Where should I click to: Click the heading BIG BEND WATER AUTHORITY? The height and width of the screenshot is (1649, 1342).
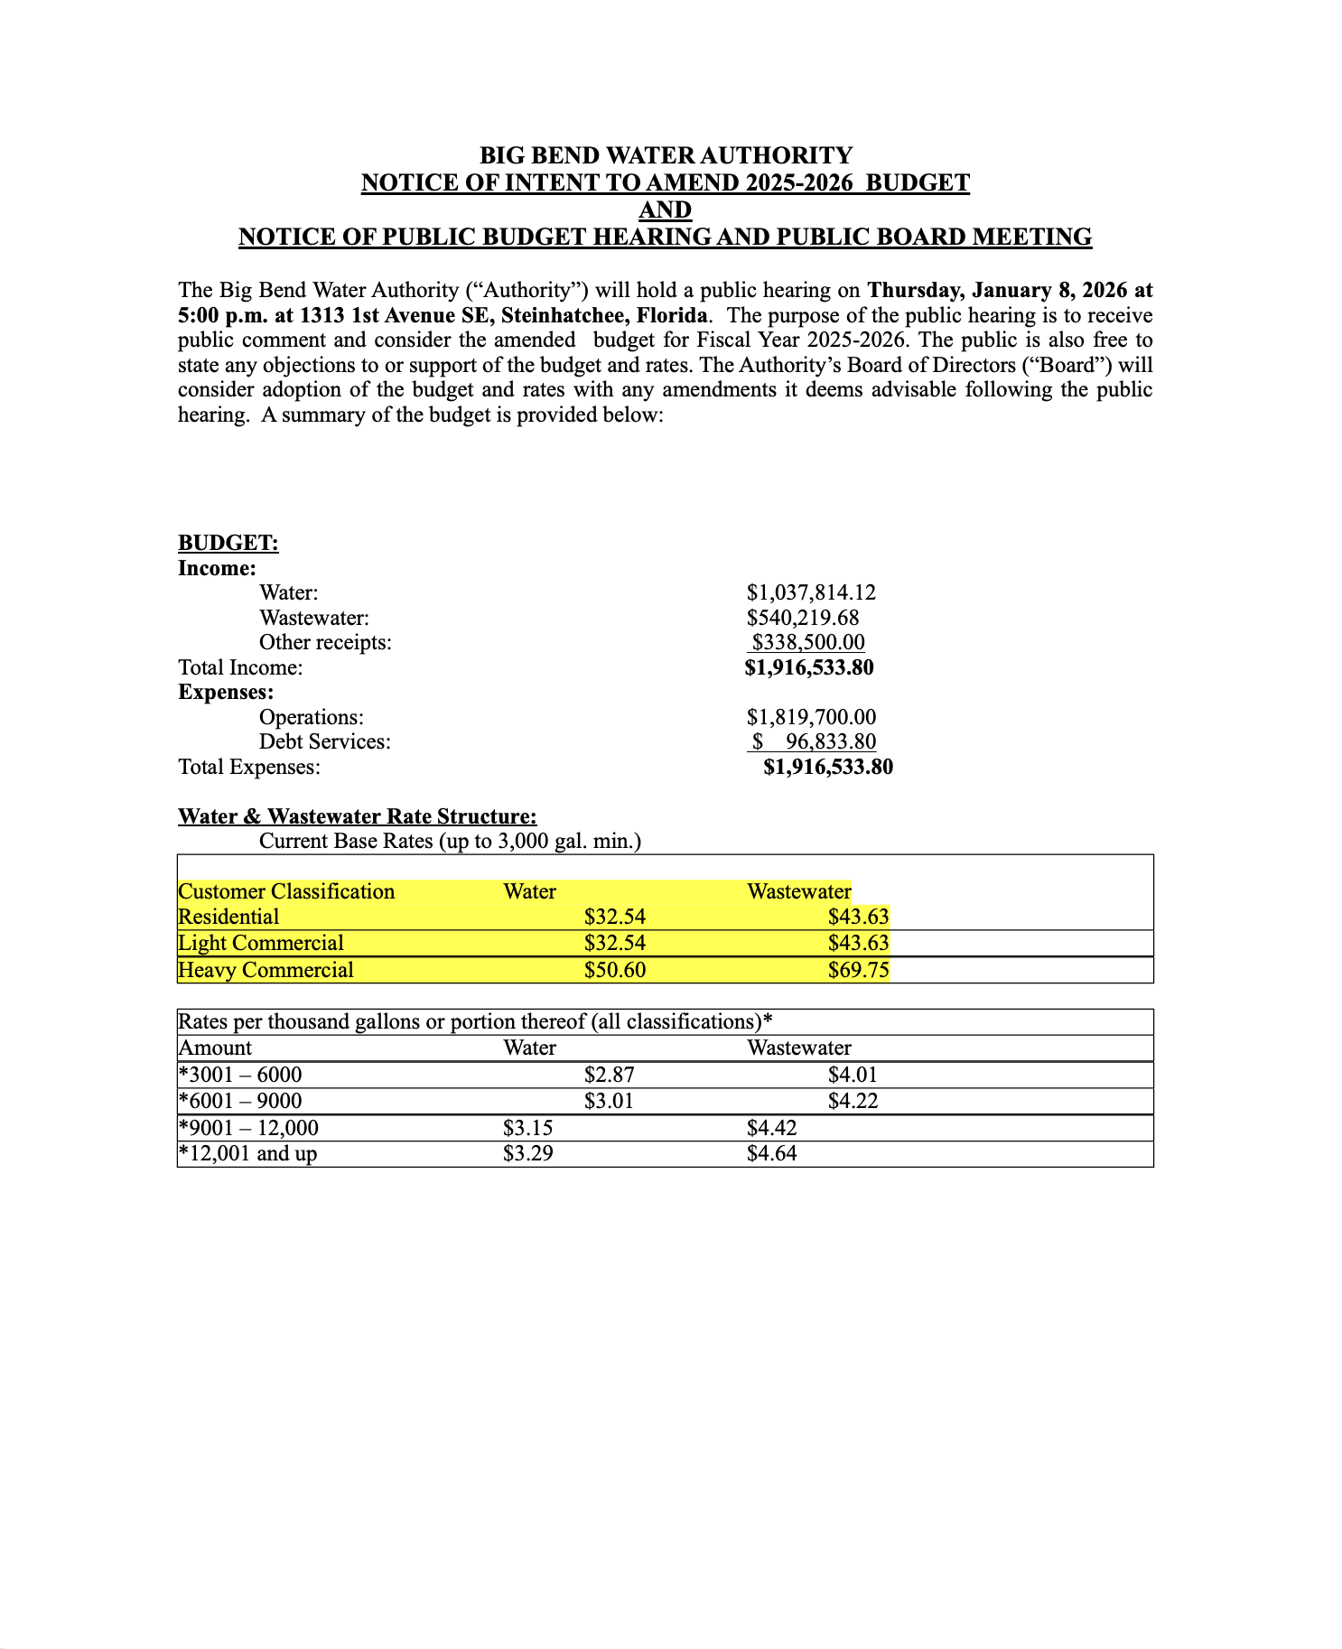click(x=665, y=155)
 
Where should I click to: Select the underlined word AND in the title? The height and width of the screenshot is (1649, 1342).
click(x=665, y=210)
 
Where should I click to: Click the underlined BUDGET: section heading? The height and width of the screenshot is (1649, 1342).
click(x=228, y=543)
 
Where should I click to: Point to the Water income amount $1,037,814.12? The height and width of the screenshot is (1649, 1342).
click(x=811, y=592)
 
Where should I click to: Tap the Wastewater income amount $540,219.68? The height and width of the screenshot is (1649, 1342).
click(x=803, y=618)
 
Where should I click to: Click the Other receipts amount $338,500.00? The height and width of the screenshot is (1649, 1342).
click(x=808, y=642)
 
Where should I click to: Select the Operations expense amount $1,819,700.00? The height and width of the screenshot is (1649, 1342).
click(x=811, y=717)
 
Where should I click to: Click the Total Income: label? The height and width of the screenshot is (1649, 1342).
click(x=240, y=667)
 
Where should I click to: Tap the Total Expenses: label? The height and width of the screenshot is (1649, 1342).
click(x=249, y=767)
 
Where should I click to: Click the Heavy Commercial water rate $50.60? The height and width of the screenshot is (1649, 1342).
click(x=615, y=971)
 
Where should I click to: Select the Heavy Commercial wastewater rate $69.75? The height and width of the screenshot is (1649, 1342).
click(x=858, y=971)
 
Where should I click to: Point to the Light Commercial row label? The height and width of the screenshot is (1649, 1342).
click(x=261, y=944)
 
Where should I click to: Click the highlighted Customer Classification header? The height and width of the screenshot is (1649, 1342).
click(x=286, y=892)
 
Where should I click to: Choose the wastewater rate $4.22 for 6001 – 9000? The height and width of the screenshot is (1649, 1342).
click(x=853, y=1101)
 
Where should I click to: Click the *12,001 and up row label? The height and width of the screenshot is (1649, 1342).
click(x=248, y=1154)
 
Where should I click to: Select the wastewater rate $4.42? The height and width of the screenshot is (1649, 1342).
click(x=771, y=1128)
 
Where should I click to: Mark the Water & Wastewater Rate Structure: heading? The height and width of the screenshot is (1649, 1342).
click(x=357, y=816)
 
